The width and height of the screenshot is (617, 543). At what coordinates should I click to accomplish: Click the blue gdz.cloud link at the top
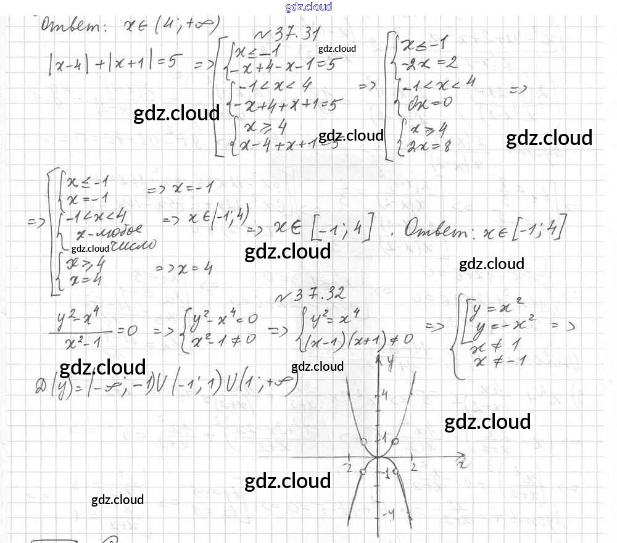pyautogui.click(x=308, y=7)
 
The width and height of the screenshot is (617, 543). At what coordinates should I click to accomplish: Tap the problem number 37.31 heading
pyautogui.click(x=286, y=35)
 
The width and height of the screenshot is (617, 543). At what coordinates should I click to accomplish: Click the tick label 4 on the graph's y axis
pyautogui.click(x=384, y=396)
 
